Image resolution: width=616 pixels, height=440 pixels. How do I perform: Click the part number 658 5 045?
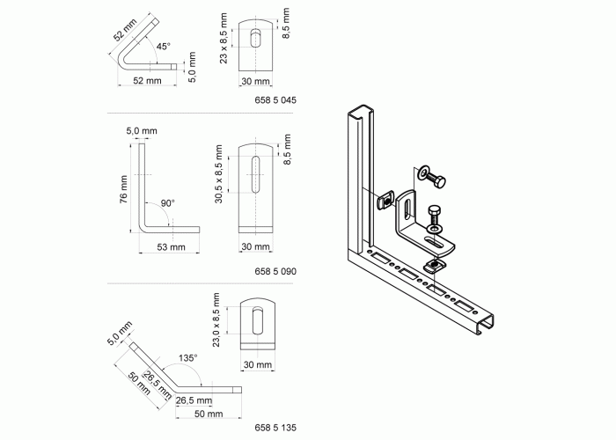tap(275, 100)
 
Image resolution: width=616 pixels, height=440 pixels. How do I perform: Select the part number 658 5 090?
tap(275, 271)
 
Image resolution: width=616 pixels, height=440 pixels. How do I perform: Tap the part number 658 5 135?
tap(275, 428)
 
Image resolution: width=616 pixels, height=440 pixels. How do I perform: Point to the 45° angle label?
tap(164, 47)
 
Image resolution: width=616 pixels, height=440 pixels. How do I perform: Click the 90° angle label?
tap(168, 203)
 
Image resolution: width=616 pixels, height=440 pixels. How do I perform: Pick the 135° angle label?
tap(187, 358)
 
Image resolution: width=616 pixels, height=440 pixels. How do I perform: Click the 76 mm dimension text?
tap(124, 189)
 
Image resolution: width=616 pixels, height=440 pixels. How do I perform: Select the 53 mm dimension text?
tap(171, 247)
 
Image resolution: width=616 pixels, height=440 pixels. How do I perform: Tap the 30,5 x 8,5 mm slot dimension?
tap(219, 174)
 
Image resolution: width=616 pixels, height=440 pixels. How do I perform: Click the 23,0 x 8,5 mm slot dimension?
tap(216, 319)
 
